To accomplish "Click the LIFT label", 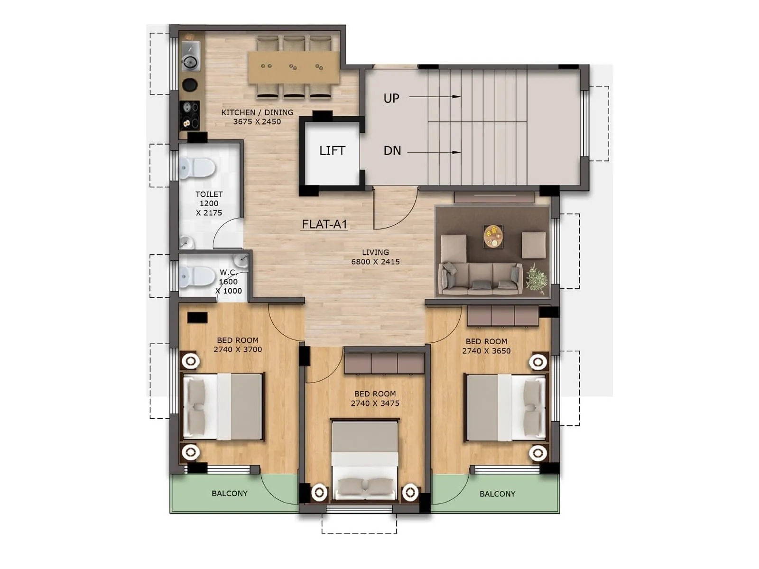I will point(332,151).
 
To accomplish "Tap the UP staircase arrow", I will point(435,97).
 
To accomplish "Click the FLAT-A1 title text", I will point(324,224).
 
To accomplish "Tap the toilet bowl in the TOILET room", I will point(197,167).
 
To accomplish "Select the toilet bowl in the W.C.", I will point(197,276).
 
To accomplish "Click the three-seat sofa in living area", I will point(480,277).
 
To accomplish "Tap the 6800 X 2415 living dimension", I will point(375,262).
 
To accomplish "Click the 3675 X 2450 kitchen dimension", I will point(257,122).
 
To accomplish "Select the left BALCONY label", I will point(230,494).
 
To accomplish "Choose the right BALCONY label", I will point(497,494).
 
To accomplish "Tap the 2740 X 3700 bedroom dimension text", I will point(238,349).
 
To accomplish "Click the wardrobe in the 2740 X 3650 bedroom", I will point(503,316).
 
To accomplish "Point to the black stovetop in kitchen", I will point(190,115).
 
